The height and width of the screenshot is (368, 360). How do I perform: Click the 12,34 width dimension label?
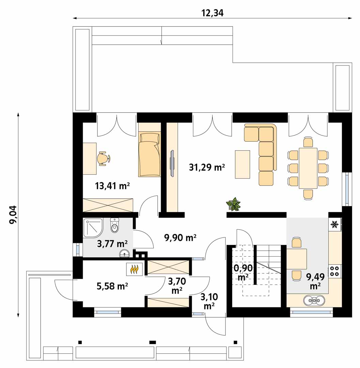212,13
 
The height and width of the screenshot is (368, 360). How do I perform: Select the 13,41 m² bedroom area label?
112,186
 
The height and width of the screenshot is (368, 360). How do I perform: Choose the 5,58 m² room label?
112,286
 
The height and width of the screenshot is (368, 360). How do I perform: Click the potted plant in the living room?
233,204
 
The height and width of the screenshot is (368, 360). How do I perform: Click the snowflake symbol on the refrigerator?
334,225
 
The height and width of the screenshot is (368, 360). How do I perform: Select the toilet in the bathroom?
114,226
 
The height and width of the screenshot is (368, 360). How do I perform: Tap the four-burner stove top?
334,271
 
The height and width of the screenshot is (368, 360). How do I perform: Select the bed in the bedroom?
150,154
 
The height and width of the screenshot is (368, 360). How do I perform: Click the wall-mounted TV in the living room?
172,163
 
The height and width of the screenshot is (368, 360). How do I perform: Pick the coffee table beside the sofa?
242,164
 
